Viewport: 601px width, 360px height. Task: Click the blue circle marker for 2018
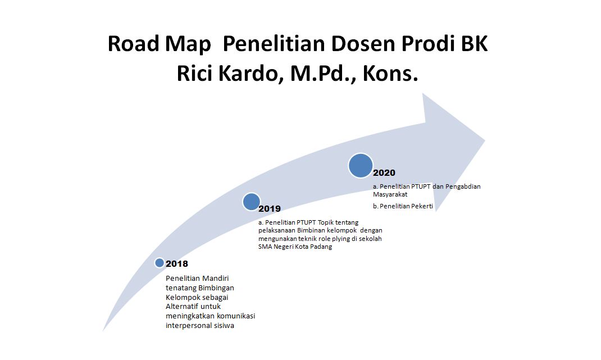click(160, 263)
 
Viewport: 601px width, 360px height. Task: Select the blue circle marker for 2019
click(252, 202)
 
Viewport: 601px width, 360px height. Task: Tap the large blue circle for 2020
click(360, 166)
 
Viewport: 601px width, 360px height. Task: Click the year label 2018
click(177, 264)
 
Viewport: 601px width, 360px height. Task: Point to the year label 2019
click(270, 209)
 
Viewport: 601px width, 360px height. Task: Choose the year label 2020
click(384, 173)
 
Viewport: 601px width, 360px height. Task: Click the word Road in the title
click(133, 44)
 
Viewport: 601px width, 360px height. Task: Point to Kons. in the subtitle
click(390, 73)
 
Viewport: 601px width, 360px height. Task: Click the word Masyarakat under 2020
click(390, 194)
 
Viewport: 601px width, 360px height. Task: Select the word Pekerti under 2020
click(420, 206)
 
